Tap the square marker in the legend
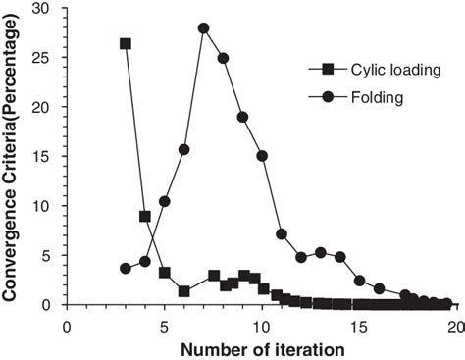324,72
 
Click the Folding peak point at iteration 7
203,27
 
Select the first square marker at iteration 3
126,44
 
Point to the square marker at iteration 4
145,216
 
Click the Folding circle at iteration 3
126,268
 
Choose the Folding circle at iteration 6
183,149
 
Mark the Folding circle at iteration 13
321,252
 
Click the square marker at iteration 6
183,290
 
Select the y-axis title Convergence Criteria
14,157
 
